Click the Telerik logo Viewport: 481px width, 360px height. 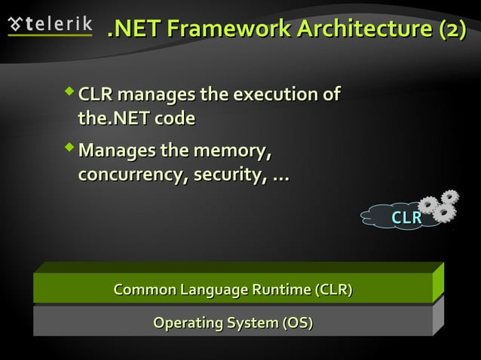(49, 25)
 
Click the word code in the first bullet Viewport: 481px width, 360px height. (176, 118)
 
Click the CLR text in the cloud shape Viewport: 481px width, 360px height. (406, 218)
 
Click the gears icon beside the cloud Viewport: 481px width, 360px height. (439, 205)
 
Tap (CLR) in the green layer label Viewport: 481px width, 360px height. (333, 290)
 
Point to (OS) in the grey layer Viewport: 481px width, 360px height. (297, 323)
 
